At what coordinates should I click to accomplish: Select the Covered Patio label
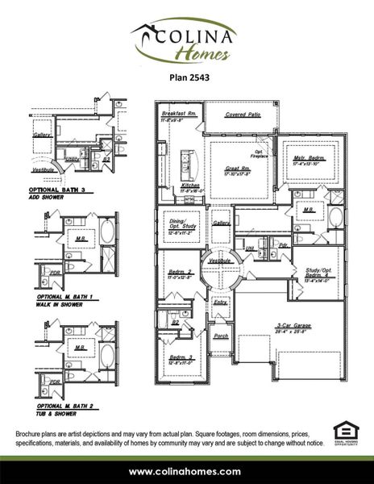pos(242,115)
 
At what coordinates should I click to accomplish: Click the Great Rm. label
pos(238,170)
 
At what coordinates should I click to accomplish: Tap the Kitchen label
pos(190,186)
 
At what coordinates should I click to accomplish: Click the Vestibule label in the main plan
pos(221,261)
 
